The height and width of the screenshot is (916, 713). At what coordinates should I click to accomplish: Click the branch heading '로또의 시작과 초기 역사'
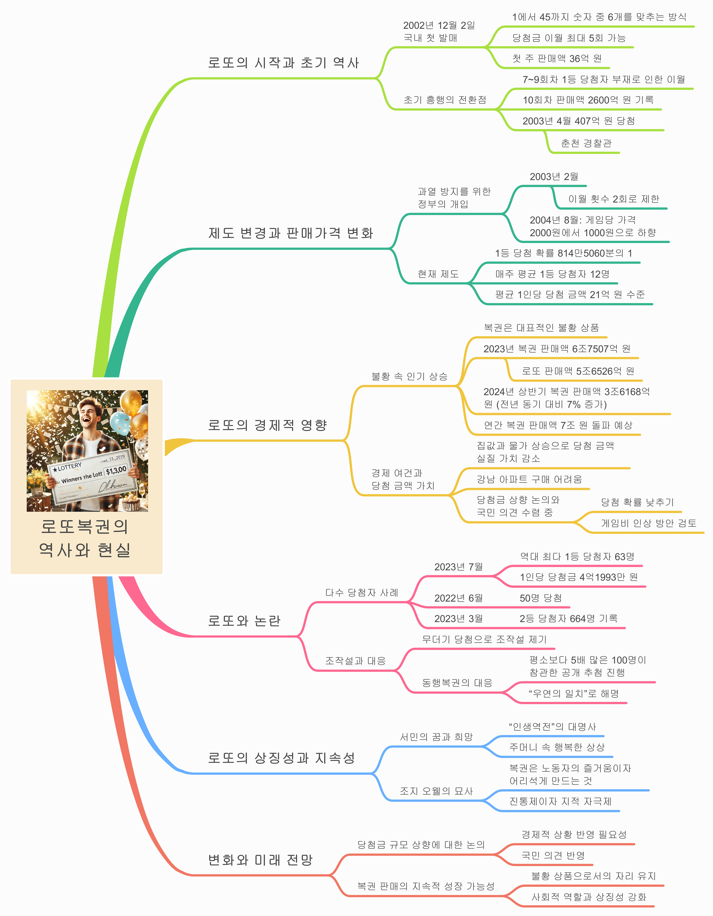284,63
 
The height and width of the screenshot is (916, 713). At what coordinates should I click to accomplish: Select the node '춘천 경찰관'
586,143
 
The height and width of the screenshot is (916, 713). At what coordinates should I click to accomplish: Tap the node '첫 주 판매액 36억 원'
557,59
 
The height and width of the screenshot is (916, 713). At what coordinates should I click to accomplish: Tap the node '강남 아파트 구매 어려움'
529,479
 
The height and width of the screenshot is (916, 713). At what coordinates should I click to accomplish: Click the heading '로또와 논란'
244,621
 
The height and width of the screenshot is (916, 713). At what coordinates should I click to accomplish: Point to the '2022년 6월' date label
458,598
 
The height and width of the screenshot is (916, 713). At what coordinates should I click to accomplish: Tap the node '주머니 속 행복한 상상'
557,747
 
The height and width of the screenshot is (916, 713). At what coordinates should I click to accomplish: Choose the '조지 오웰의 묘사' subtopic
436,791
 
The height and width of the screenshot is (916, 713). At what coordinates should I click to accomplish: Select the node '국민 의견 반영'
553,855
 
